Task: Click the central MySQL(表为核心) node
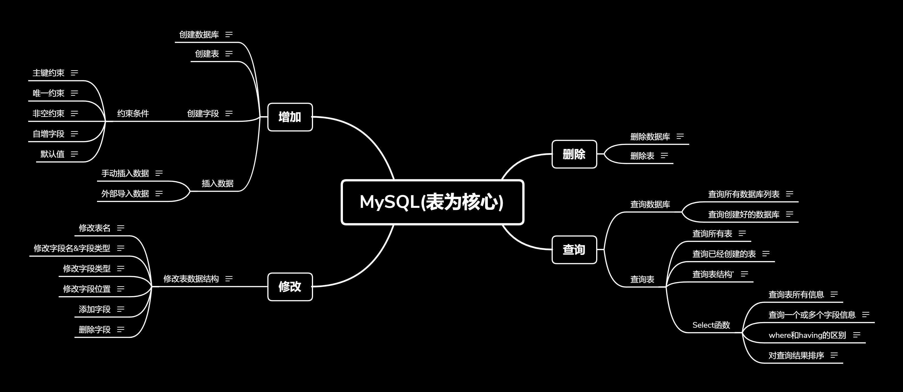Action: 432,202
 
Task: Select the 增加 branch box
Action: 290,117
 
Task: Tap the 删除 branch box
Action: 574,154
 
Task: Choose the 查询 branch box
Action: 574,250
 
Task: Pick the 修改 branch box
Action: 290,287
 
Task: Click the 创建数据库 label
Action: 199,35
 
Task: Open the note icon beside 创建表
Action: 229,54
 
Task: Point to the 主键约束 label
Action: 49,73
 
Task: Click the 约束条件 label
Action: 133,114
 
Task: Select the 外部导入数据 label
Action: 125,193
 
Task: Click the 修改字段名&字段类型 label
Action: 72,248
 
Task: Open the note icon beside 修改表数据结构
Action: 229,279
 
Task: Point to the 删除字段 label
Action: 95,330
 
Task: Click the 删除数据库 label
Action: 650,137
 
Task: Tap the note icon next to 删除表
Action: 664,156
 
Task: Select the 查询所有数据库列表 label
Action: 743,194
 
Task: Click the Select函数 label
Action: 711,325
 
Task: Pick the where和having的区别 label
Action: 807,335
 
